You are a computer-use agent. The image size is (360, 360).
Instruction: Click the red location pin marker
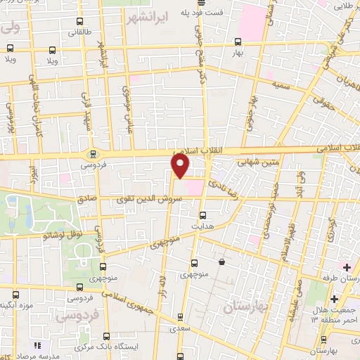click(181, 165)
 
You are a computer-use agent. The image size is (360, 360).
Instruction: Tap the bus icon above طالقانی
click(78, 21)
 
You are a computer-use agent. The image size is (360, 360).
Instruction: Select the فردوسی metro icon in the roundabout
click(92, 154)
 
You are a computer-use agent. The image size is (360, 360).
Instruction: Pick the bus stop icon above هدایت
click(203, 215)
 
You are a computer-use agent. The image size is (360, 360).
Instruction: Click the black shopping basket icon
click(222, 262)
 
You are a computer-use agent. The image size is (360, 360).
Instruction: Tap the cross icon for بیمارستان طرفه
click(347, 266)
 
